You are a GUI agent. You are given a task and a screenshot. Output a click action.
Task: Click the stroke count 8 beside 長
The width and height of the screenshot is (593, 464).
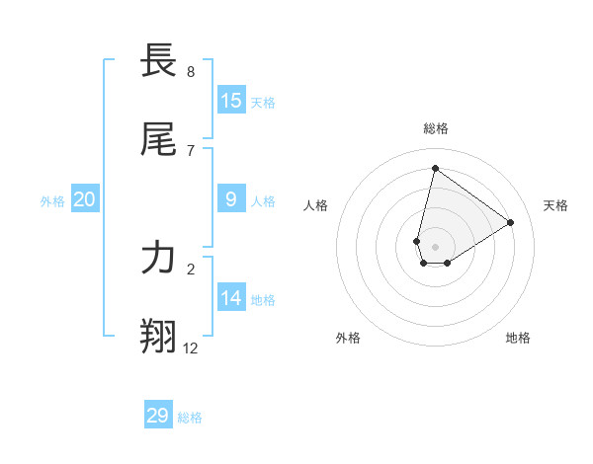tap(191, 72)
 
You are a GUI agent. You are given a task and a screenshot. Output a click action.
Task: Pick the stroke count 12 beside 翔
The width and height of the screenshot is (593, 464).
tap(191, 348)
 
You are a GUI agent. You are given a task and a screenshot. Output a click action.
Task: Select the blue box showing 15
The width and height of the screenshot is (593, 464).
tap(231, 100)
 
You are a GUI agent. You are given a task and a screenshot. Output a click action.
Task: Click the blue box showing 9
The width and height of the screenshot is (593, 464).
tap(231, 198)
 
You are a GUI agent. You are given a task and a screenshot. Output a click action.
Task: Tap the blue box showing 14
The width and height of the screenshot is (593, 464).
tap(231, 297)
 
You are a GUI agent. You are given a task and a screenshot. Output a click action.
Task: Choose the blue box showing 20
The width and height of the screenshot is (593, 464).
tap(85, 199)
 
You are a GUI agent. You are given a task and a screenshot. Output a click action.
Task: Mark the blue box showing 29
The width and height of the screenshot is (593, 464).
tap(158, 416)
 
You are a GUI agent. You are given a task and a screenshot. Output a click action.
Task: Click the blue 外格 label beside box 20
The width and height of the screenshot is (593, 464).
tap(52, 201)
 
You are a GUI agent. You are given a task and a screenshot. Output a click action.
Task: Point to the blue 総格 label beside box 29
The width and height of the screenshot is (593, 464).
tap(190, 418)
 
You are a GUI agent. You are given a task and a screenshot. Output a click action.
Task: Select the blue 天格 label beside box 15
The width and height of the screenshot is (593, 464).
tap(263, 103)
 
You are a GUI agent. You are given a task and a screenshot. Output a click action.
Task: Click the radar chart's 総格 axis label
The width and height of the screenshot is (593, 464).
tap(436, 128)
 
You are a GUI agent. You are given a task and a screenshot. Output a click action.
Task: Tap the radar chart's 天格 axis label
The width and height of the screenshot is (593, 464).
tap(556, 205)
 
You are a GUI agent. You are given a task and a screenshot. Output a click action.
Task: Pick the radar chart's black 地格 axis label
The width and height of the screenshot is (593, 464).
tap(518, 338)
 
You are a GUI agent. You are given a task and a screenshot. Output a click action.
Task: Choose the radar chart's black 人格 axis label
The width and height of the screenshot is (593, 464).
tap(316, 205)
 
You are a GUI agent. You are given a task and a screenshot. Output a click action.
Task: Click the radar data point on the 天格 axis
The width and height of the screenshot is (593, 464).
tap(510, 222)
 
